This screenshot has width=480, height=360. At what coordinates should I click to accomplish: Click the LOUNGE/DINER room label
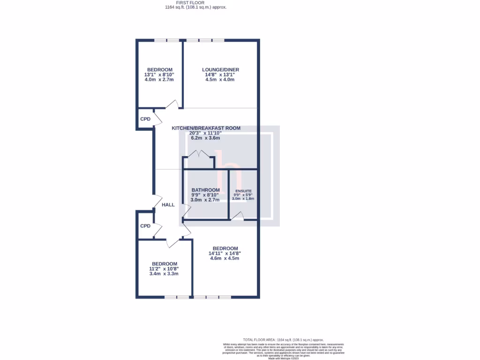[220, 70]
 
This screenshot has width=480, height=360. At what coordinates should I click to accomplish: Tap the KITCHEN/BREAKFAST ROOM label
[206, 128]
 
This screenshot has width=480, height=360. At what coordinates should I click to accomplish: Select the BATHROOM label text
[205, 190]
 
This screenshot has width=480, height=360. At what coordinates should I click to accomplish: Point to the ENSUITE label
[243, 191]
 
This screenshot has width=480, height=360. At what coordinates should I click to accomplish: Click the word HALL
[168, 205]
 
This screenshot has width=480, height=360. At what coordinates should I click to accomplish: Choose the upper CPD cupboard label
[145, 119]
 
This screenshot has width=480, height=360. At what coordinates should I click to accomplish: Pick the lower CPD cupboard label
[145, 226]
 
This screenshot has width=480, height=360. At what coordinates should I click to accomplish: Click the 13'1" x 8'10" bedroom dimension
[159, 75]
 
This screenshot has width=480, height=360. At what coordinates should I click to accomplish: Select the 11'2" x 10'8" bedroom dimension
[164, 269]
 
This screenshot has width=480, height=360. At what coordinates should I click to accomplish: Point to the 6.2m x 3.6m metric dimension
[205, 138]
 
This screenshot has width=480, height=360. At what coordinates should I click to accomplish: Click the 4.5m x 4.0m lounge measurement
[220, 80]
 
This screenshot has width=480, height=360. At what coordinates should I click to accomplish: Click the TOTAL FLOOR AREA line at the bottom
[283, 339]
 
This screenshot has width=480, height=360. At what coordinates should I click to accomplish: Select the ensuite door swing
[239, 216]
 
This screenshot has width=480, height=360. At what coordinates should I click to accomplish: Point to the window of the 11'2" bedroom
[177, 297]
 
